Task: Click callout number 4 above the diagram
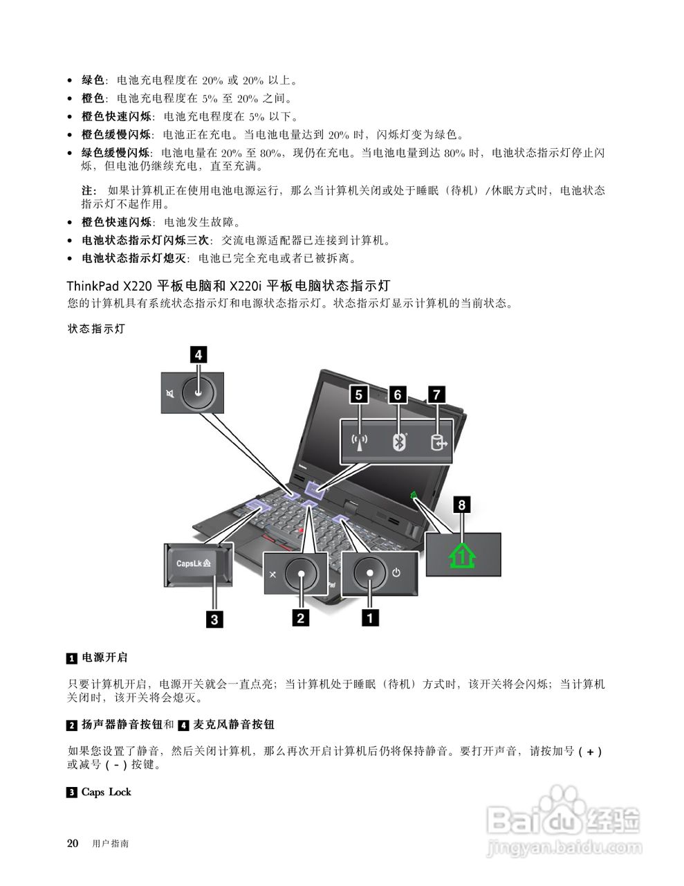198,355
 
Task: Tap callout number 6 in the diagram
398,394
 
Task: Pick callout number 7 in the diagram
436,394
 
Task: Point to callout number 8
462,505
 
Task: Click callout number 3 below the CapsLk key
214,619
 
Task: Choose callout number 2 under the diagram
300,617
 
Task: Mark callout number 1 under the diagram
371,617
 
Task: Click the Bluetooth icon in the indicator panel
398,442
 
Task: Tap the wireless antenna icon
359,442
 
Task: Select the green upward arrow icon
463,555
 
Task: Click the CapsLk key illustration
198,563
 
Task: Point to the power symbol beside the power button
396,572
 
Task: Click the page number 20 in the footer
73,843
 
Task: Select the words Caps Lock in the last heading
106,792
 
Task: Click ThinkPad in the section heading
93,285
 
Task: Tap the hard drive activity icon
438,442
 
